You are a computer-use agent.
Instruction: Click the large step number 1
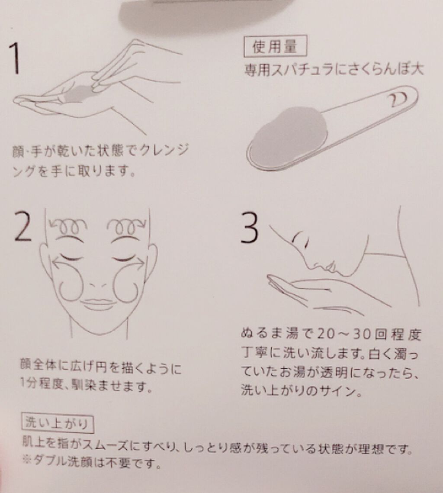[14, 58]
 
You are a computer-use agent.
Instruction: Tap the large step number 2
[23, 226]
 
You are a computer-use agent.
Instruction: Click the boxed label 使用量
[275, 46]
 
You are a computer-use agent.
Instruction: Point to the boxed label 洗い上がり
[57, 423]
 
